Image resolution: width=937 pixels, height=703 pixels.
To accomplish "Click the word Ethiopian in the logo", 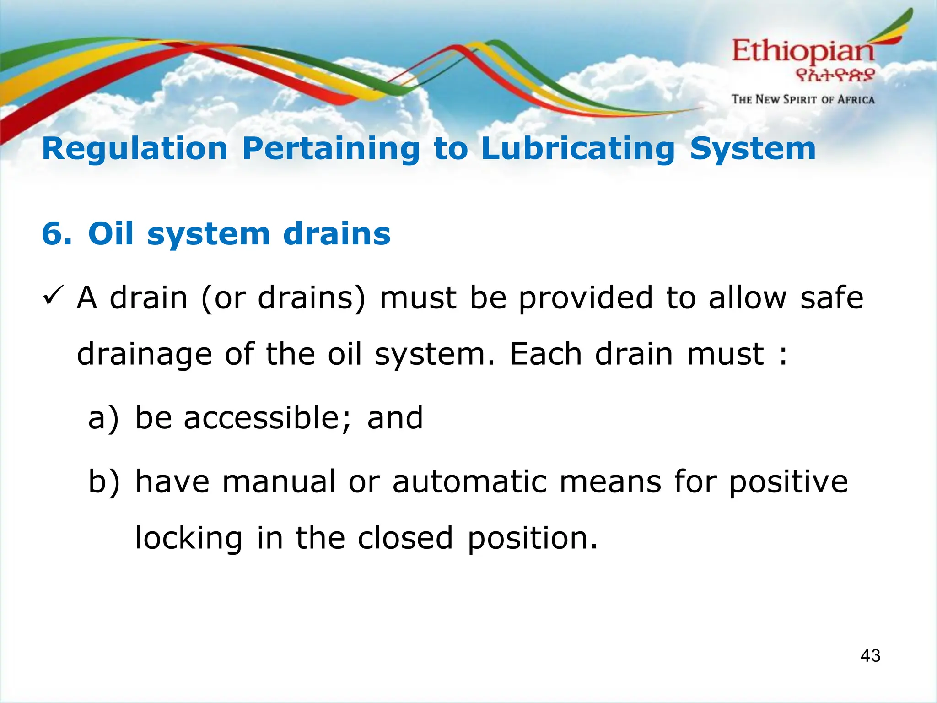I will pos(803,52).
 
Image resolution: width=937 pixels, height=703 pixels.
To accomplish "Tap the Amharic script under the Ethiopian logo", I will pos(835,75).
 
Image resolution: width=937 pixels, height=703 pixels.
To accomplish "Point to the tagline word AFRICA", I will pos(856,100).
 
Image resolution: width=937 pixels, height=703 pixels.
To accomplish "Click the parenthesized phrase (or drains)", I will pos(284,298).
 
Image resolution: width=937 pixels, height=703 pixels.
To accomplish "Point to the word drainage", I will pos(144,355).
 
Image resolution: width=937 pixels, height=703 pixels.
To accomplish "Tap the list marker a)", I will pos(103,418).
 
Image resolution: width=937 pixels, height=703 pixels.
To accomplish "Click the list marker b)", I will pos(104,481).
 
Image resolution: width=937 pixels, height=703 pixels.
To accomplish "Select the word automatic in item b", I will pos(469,481).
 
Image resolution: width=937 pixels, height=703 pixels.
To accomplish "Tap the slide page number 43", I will pos(870,656).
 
